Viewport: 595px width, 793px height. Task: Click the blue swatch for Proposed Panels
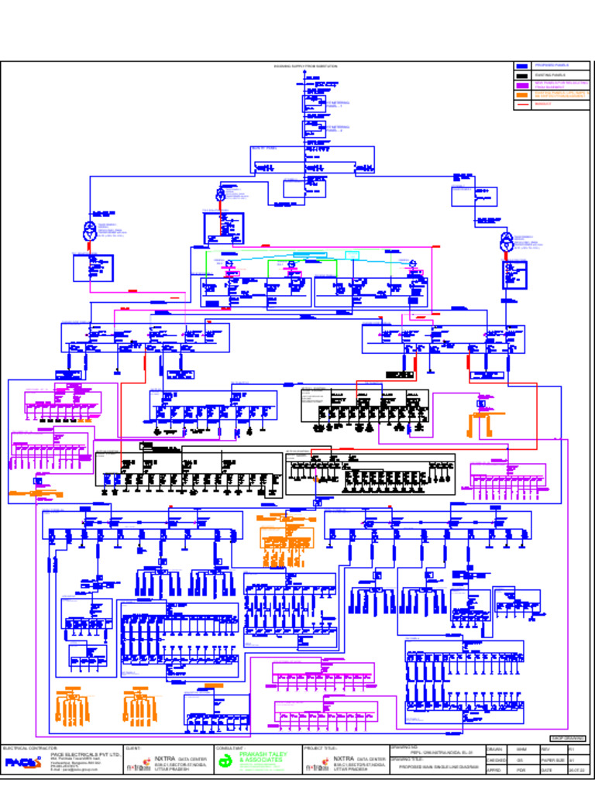pos(522,67)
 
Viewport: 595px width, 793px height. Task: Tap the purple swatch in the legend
pos(522,85)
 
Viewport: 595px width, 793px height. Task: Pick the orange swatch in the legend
pos(522,94)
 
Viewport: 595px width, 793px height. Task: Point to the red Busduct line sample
pos(522,104)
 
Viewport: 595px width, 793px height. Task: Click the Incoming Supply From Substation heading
pos(306,67)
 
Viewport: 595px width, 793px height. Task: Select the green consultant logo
pos(226,762)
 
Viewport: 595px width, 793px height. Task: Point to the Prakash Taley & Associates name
pos(263,756)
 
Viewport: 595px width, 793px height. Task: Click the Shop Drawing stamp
pos(568,738)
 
